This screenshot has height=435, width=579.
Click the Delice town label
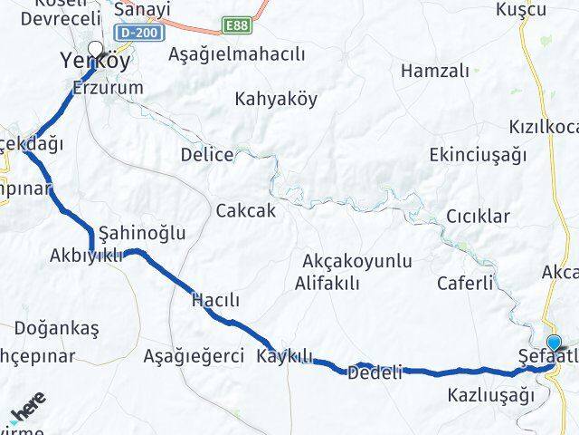point(206,154)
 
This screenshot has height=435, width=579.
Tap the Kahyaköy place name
point(276,100)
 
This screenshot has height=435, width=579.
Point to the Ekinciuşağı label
point(479,154)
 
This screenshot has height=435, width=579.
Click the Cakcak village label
point(245,210)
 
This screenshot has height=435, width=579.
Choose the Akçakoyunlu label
point(358,262)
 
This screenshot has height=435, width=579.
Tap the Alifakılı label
point(327,283)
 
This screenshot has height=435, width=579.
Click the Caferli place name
point(464,283)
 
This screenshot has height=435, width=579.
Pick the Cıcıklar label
point(478,217)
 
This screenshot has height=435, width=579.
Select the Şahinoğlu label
point(142,233)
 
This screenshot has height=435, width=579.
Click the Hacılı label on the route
point(215,300)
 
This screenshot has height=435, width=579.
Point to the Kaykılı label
point(284,354)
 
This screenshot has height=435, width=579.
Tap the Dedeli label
point(375,372)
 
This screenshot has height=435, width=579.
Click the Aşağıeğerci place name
point(194,356)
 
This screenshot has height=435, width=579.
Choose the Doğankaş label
point(56,328)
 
